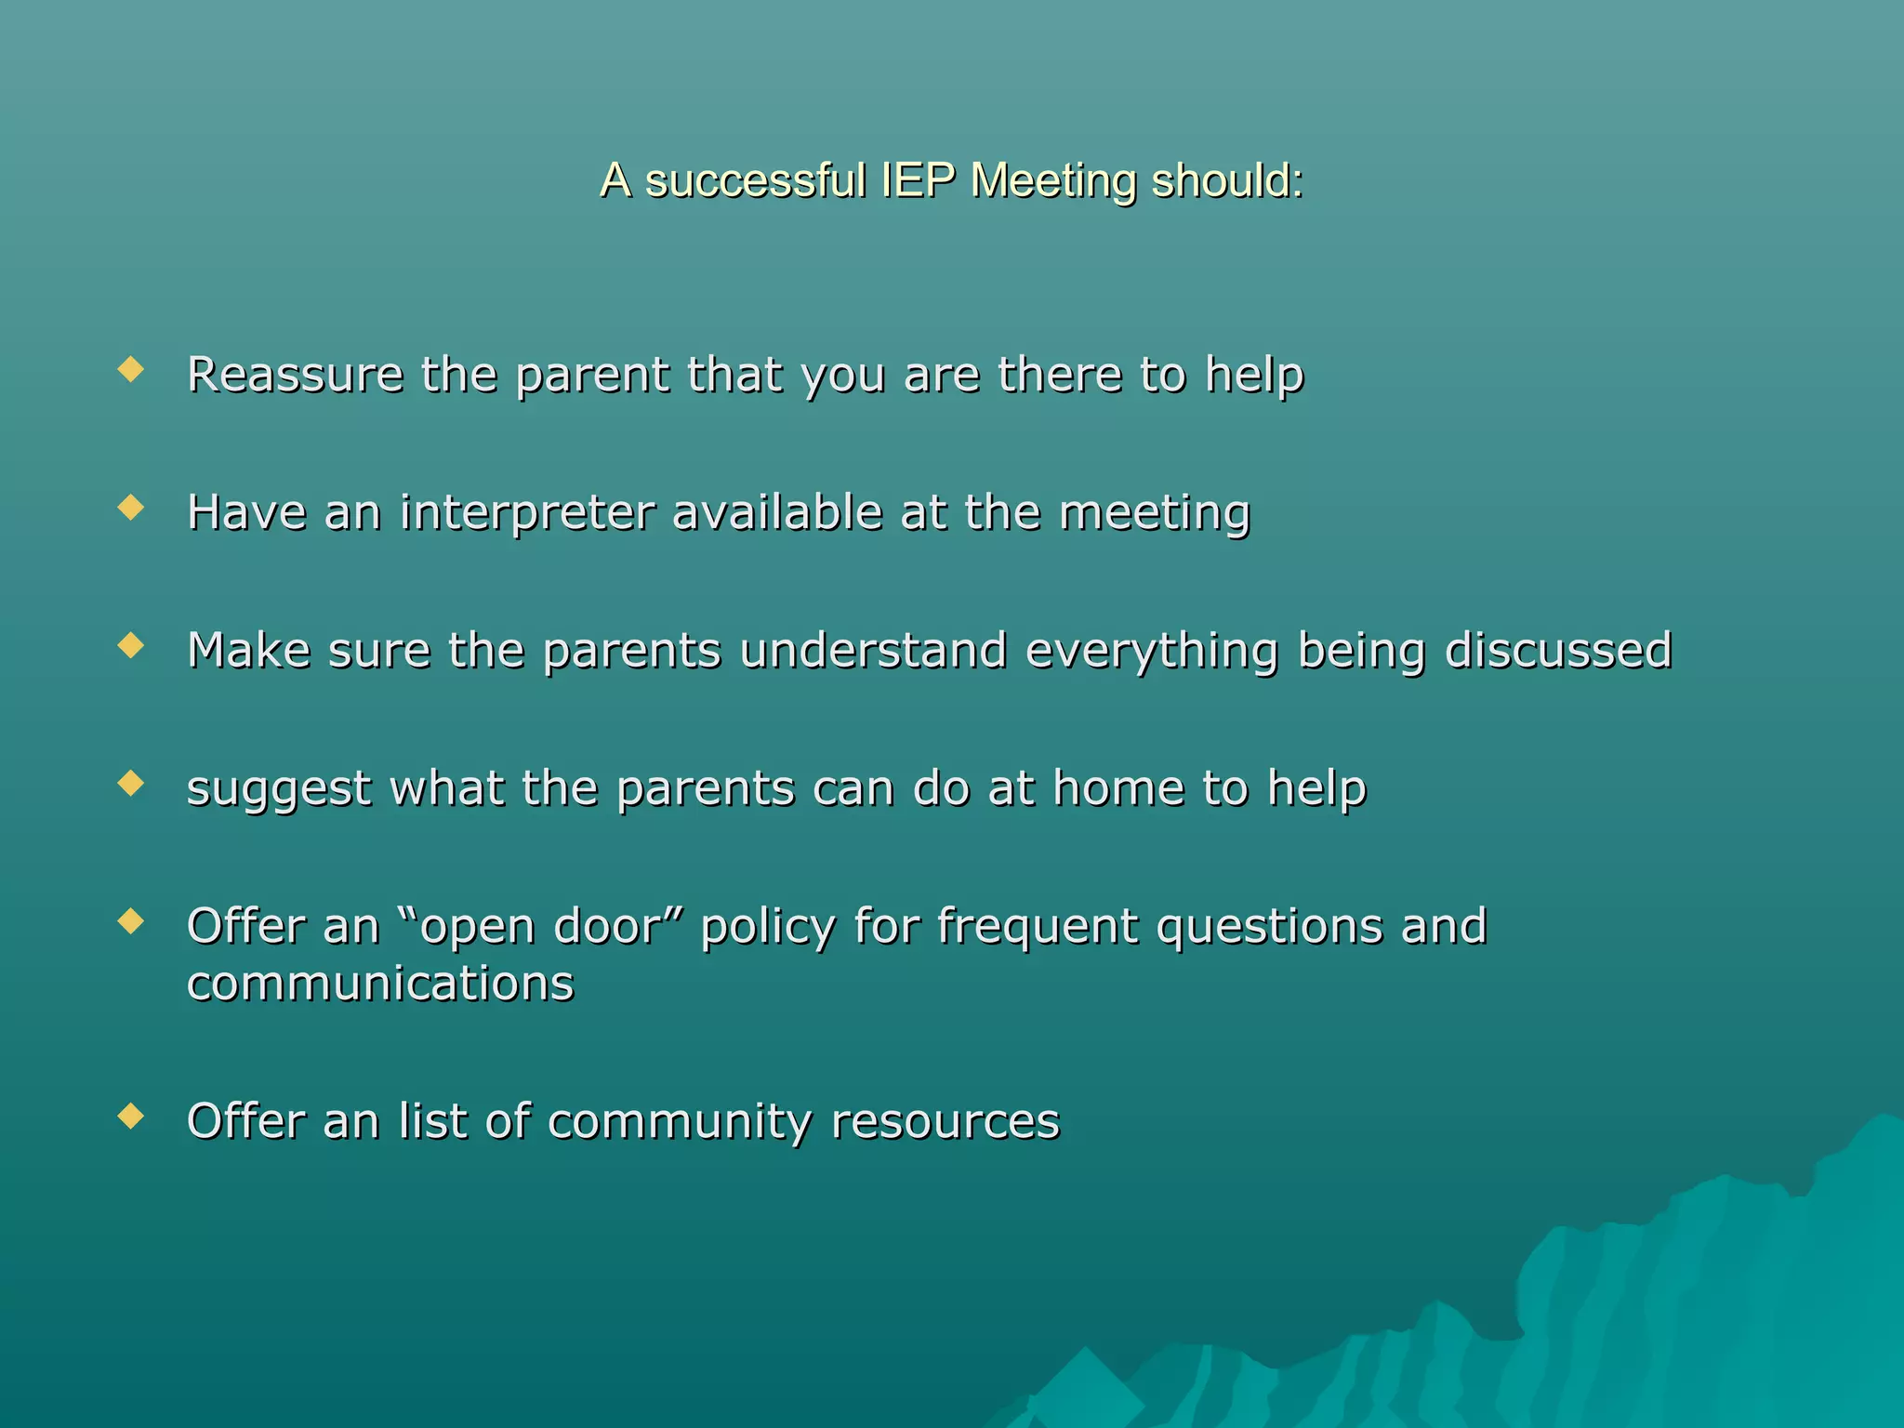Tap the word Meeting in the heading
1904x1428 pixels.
click(x=1052, y=180)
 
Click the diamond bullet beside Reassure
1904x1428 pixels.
click(x=131, y=371)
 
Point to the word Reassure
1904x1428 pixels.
click(x=295, y=375)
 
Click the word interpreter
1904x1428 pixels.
click(x=527, y=513)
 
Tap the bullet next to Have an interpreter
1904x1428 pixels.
click(x=131, y=508)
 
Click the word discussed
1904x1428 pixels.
click(x=1558, y=650)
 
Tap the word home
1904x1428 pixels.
click(x=1118, y=787)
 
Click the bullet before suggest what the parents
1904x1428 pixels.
click(x=131, y=784)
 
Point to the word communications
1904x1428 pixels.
click(x=380, y=984)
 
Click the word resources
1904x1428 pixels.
click(x=945, y=1121)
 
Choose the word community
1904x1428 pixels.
click(x=680, y=1122)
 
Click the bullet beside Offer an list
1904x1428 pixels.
click(x=131, y=1116)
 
